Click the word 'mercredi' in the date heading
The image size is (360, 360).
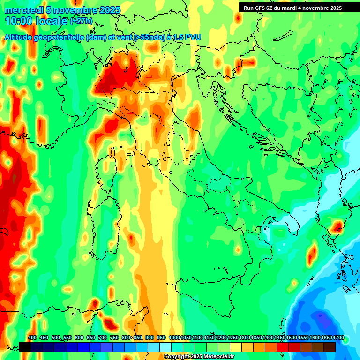pyautogui.click(x=21, y=10)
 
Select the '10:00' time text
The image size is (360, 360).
pyautogui.click(x=19, y=21)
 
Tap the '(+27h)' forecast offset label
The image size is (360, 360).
pyautogui.click(x=81, y=21)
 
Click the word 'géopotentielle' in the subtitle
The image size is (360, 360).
pyautogui.click(x=60, y=37)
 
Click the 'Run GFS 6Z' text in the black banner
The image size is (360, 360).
pyautogui.click(x=257, y=8)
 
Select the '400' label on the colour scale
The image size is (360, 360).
pyautogui.click(x=32, y=337)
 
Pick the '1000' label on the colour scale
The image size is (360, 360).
pyautogui.click(x=174, y=337)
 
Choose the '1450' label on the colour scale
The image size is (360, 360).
pyautogui.click(x=280, y=337)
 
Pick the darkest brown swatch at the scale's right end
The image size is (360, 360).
pyautogui.click(x=330, y=347)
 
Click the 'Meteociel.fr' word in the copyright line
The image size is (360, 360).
pyautogui.click(x=218, y=357)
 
